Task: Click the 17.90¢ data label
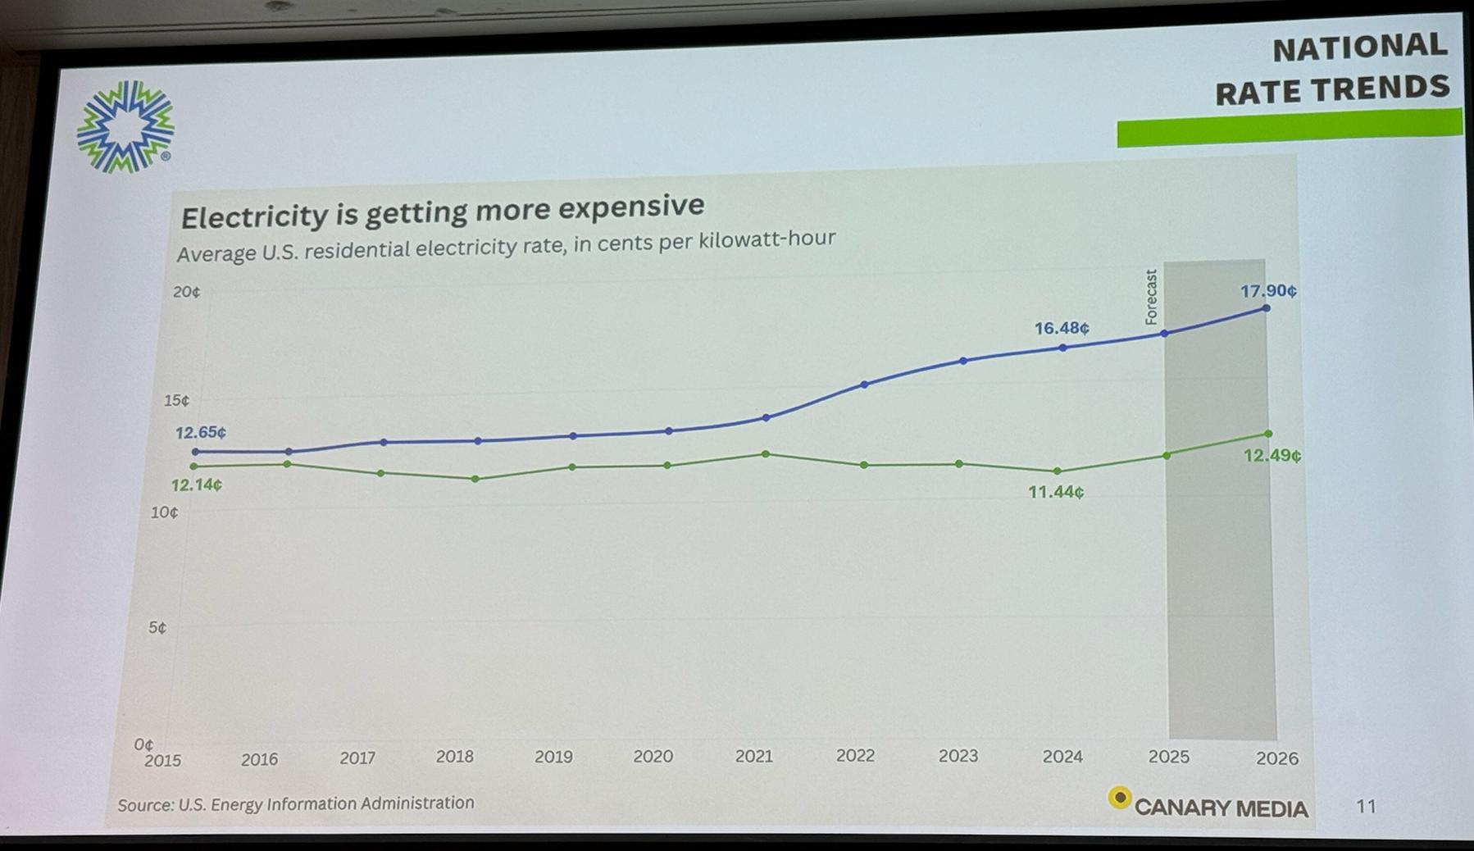point(1267,291)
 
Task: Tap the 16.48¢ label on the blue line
point(1061,328)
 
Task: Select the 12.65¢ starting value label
point(200,432)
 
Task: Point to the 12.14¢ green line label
point(196,485)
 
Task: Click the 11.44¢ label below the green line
point(1055,492)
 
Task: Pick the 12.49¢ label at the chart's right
point(1271,455)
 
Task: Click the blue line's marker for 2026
point(1267,308)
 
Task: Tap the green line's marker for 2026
point(1268,434)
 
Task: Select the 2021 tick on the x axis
point(753,756)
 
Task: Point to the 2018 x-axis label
point(454,757)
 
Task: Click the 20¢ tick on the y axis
point(186,292)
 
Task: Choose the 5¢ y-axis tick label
point(157,628)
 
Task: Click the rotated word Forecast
point(1151,297)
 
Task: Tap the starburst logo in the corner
point(125,127)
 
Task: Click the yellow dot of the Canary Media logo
point(1119,798)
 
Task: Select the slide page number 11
point(1366,807)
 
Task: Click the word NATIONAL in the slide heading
point(1359,48)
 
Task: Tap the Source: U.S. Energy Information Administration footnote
point(295,803)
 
